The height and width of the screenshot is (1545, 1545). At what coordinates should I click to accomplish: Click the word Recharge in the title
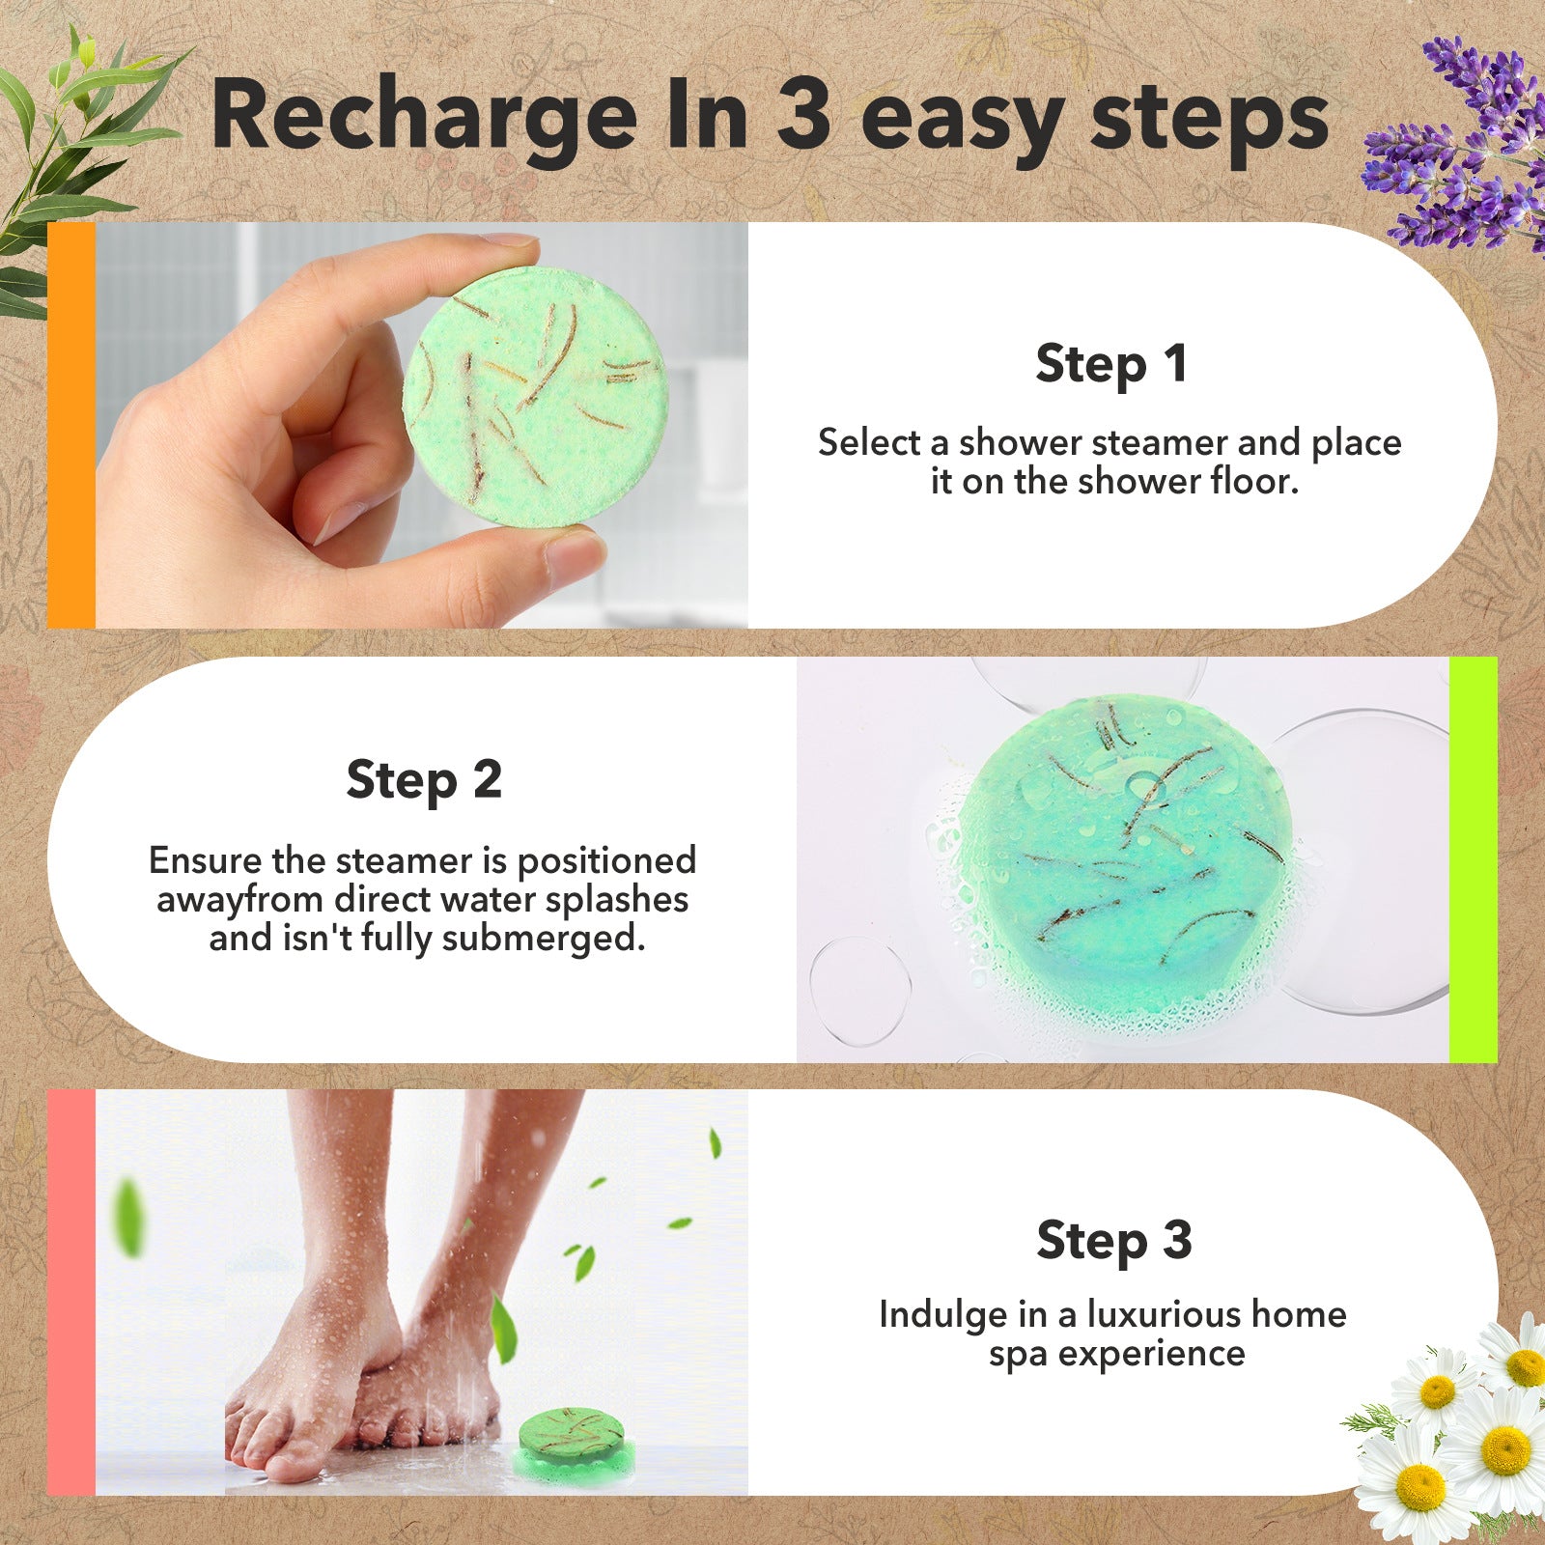click(423, 118)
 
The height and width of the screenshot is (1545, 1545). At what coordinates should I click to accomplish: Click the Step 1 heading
click(1110, 364)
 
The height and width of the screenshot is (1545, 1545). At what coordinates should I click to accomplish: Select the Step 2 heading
click(424, 780)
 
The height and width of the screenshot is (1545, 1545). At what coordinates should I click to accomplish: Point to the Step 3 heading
click(1113, 1240)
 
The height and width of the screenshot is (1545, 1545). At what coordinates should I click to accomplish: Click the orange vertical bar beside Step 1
click(71, 425)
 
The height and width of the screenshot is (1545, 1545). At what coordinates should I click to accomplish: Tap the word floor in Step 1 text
click(1255, 481)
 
